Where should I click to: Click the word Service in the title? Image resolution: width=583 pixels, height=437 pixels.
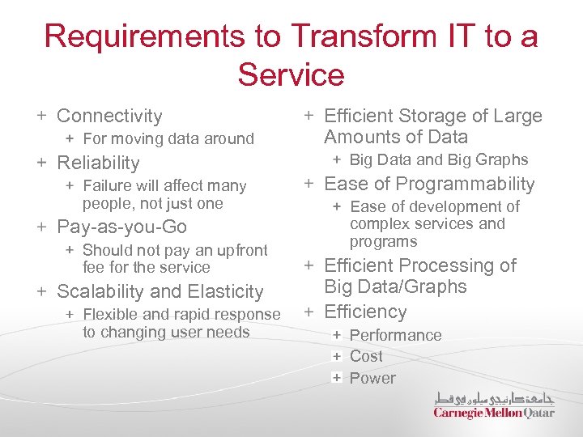(291, 75)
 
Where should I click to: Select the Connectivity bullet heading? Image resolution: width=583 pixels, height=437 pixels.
(109, 117)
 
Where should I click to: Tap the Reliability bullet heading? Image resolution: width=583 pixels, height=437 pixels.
(98, 163)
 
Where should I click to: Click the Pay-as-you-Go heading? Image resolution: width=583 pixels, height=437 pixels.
(121, 227)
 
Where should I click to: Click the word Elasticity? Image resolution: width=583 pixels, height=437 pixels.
(224, 291)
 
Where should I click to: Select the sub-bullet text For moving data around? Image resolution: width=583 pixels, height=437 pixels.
(168, 139)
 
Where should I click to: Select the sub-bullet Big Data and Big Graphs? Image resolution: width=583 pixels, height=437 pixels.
(438, 160)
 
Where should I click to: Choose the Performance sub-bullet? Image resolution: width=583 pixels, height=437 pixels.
(395, 335)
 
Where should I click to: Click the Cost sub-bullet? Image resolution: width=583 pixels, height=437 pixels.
(366, 356)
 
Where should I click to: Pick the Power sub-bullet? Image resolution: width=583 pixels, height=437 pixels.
(372, 378)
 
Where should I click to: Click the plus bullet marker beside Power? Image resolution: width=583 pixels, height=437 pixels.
(335, 378)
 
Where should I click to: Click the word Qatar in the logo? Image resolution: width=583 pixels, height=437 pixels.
(539, 413)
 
